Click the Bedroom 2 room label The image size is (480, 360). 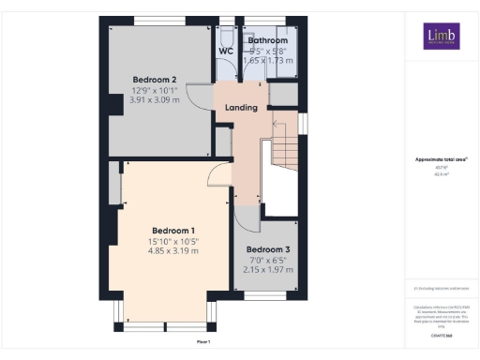coord(151,79)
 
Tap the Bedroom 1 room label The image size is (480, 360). coord(173,231)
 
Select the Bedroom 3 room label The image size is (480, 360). coord(268,250)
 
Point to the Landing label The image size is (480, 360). coord(241,108)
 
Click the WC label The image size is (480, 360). coord(226,51)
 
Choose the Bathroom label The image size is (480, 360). coord(266,41)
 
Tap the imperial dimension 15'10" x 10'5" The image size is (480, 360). coord(173,242)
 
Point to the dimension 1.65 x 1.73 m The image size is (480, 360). coord(266,60)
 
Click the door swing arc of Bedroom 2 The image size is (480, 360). coord(194,94)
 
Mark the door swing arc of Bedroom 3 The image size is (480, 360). coord(246,218)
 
